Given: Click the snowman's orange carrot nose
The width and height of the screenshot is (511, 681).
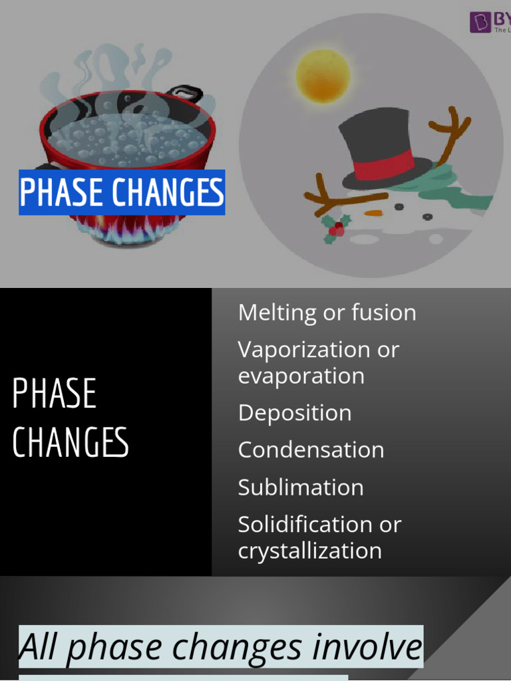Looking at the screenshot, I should coord(375,213).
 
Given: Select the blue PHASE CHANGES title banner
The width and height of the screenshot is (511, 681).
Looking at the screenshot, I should coord(122,193).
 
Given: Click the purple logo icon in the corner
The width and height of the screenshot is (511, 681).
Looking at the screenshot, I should coord(480,23).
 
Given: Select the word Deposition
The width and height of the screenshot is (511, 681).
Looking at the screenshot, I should coord(295,413).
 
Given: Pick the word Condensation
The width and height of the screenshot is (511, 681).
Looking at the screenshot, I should coord(311,450).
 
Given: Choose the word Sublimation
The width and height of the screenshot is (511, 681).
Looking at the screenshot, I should coord(301,487).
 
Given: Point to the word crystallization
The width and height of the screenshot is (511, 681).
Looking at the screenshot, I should coord(310,551).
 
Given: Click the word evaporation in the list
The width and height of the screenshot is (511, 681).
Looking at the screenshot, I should coord(301,376).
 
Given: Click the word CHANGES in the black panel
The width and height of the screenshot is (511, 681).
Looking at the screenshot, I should coord(71,442).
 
